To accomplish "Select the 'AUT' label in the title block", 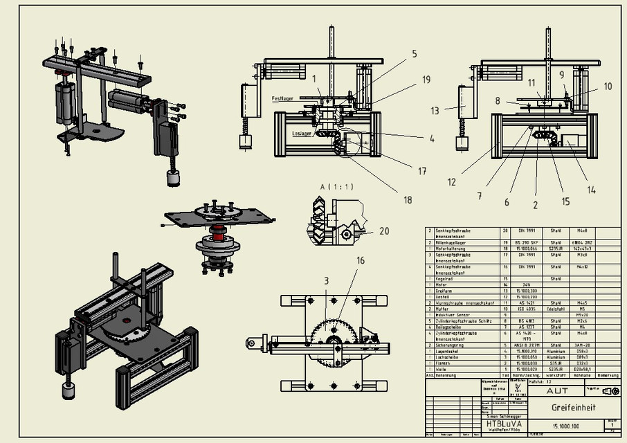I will point(557,390).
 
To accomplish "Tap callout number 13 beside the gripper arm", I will point(435,110).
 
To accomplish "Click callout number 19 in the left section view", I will point(426,80).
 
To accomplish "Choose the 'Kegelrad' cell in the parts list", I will point(442,278).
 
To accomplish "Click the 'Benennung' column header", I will point(447,374).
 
